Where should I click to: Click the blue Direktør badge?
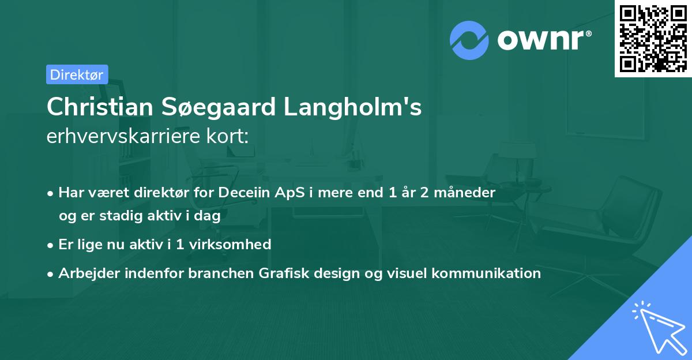[x=77, y=74]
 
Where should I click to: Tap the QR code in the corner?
[x=653, y=38]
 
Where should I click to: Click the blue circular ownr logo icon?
[x=469, y=40]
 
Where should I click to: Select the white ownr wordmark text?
[x=540, y=40]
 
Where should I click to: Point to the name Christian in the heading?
[x=100, y=107]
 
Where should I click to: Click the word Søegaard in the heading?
[x=218, y=107]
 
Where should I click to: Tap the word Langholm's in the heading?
[x=352, y=107]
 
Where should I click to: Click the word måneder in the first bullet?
[x=464, y=193]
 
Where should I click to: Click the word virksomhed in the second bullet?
[x=230, y=245]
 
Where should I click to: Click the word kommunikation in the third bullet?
[x=486, y=273]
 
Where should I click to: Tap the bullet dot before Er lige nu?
[x=50, y=246]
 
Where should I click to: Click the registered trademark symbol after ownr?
[x=588, y=33]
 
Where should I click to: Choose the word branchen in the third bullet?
[x=221, y=273]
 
